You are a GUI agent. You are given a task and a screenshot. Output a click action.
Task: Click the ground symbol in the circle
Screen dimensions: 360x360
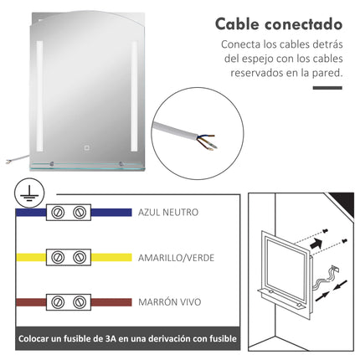(29, 193)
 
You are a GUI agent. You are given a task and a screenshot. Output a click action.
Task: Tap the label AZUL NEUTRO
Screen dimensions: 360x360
(168, 213)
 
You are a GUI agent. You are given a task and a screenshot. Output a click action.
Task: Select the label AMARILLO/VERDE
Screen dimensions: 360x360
(176, 258)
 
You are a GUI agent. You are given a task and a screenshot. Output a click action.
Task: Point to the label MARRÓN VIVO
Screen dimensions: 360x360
(170, 302)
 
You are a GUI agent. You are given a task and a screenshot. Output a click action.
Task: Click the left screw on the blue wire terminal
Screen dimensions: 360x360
(58, 213)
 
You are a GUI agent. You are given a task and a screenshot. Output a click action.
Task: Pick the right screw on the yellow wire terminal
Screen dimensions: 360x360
(80, 257)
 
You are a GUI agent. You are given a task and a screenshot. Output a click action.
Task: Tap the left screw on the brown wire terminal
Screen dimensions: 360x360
(58, 302)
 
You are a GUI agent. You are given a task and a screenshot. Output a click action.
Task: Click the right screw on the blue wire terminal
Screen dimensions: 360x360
(80, 213)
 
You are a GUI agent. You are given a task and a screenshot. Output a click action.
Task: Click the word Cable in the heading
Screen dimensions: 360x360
(237, 24)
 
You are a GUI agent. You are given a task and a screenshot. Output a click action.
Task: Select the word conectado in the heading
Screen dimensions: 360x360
(303, 24)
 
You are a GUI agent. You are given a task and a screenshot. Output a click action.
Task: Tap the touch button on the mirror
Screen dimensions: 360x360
(87, 147)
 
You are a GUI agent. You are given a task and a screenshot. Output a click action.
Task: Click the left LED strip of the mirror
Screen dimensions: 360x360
(39, 96)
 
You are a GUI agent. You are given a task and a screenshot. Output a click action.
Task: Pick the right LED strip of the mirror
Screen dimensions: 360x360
(134, 96)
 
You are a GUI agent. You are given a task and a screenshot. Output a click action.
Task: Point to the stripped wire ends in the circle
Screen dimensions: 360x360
(207, 141)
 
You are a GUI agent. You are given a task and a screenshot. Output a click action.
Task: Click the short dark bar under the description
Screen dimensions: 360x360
(327, 88)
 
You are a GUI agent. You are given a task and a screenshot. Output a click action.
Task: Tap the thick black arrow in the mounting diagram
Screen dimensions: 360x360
(316, 244)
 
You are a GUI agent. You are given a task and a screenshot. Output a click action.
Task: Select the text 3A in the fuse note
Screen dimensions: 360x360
(111, 339)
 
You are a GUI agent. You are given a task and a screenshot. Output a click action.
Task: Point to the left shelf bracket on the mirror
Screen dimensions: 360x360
(51, 164)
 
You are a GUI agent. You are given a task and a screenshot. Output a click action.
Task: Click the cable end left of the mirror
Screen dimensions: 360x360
(8, 162)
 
